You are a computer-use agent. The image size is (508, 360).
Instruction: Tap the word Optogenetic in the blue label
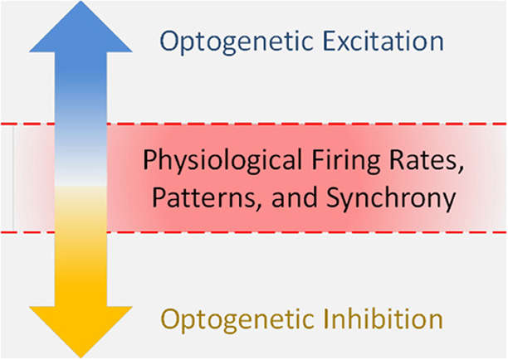tap(237, 42)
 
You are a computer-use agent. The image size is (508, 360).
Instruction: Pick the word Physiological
tap(222, 161)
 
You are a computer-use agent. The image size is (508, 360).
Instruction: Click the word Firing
tap(345, 161)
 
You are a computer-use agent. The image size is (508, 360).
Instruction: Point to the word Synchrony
tap(391, 199)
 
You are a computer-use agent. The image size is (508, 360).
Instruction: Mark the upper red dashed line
tap(254, 124)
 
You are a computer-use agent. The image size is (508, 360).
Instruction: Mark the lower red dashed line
tap(254, 232)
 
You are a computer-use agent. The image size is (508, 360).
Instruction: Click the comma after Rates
tap(460, 170)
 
